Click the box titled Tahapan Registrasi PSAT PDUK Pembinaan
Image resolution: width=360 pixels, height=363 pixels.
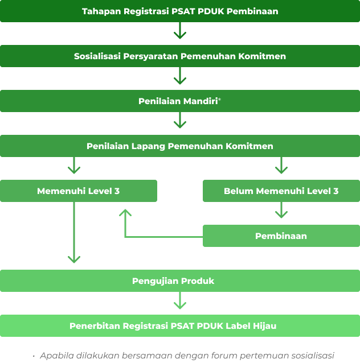pos(180,11)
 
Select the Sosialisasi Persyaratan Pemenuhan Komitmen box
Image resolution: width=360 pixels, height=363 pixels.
pos(180,56)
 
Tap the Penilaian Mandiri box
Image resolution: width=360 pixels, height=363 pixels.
pos(180,101)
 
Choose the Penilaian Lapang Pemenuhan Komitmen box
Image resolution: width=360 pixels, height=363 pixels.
pos(180,146)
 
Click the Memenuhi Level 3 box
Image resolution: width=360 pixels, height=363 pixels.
pos(79,191)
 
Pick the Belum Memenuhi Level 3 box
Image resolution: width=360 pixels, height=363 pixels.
pos(281,191)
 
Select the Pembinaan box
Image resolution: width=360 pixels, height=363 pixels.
pos(281,236)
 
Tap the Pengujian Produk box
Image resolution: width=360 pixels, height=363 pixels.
pos(180,281)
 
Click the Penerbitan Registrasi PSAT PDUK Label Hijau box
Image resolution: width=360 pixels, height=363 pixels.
pos(180,326)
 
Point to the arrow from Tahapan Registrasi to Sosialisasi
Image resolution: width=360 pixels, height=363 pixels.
pos(180,31)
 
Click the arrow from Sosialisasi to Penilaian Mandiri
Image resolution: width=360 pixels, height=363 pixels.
pos(180,76)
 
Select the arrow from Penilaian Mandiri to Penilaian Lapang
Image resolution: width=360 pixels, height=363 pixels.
pos(180,121)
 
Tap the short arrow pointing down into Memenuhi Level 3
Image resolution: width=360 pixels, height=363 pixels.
pos(74,166)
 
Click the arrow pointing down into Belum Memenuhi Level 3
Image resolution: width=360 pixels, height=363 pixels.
pos(281,166)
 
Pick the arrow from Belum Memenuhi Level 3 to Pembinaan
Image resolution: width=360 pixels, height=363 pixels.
pos(281,211)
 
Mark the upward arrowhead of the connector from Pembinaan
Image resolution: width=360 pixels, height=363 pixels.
pos(125,213)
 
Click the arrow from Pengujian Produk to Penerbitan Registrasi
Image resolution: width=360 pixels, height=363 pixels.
pos(180,302)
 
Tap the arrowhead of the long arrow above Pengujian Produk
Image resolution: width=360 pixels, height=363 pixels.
pos(74,259)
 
